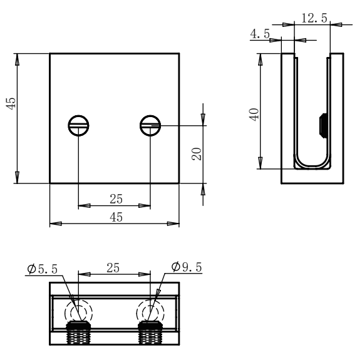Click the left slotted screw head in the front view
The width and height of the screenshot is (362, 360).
click(x=78, y=126)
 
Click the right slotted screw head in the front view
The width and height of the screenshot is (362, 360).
click(x=150, y=126)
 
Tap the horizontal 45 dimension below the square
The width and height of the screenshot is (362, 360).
click(x=116, y=217)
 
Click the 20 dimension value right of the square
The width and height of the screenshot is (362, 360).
click(x=197, y=155)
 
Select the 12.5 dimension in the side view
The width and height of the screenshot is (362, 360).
click(x=313, y=18)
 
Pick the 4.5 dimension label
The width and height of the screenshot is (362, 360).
click(x=259, y=34)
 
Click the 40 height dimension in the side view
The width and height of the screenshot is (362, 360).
click(x=254, y=115)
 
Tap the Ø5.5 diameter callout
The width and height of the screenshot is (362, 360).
click(x=43, y=269)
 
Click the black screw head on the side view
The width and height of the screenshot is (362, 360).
click(x=321, y=125)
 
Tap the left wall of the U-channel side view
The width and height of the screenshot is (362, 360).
click(x=287, y=113)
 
